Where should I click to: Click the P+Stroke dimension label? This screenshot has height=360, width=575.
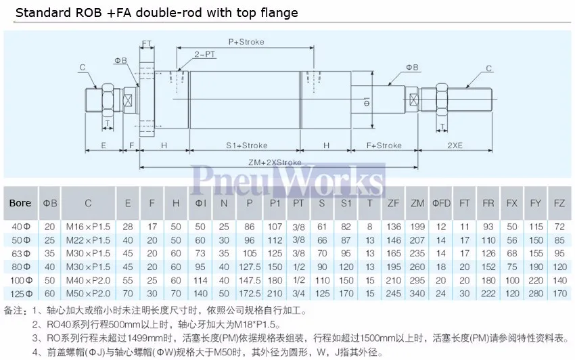point(246,42)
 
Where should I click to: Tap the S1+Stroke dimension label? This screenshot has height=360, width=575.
point(246,145)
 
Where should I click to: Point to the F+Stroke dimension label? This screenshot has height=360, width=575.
point(384,145)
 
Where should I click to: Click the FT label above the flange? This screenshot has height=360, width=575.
point(146,44)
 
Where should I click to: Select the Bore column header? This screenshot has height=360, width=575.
point(20,203)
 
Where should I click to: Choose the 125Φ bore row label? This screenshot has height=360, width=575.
point(20,294)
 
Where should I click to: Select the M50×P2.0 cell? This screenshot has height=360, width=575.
point(88,294)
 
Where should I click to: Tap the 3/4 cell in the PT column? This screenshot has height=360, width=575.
point(298,294)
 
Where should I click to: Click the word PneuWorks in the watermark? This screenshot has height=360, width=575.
point(287,181)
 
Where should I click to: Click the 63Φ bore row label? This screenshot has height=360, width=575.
point(20,252)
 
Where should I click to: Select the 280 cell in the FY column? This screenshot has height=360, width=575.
point(536,294)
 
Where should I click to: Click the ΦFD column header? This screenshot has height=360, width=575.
point(441,203)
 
